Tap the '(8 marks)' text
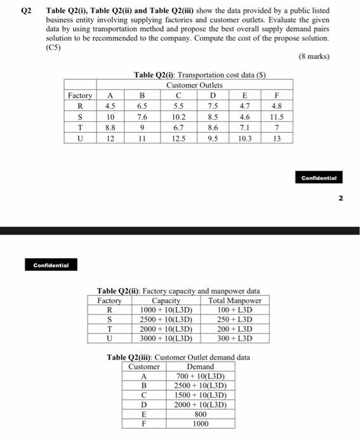(x=314, y=56)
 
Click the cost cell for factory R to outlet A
(x=110, y=106)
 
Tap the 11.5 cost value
(x=276, y=117)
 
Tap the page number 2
(x=340, y=198)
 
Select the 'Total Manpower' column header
(x=235, y=301)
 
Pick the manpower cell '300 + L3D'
(x=235, y=339)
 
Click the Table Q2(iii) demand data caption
(x=178, y=357)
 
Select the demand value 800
(x=201, y=414)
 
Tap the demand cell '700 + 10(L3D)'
(x=201, y=376)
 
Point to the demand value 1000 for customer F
(x=201, y=424)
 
